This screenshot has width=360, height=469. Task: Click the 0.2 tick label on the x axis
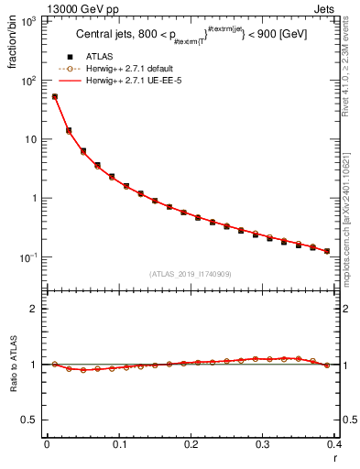(x=191, y=444)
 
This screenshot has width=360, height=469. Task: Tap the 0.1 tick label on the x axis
(x=119, y=444)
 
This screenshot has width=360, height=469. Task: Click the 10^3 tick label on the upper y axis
(x=30, y=21)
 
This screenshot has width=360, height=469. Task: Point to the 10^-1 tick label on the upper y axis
(x=30, y=257)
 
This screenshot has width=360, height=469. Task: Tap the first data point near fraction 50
(x=55, y=96)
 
